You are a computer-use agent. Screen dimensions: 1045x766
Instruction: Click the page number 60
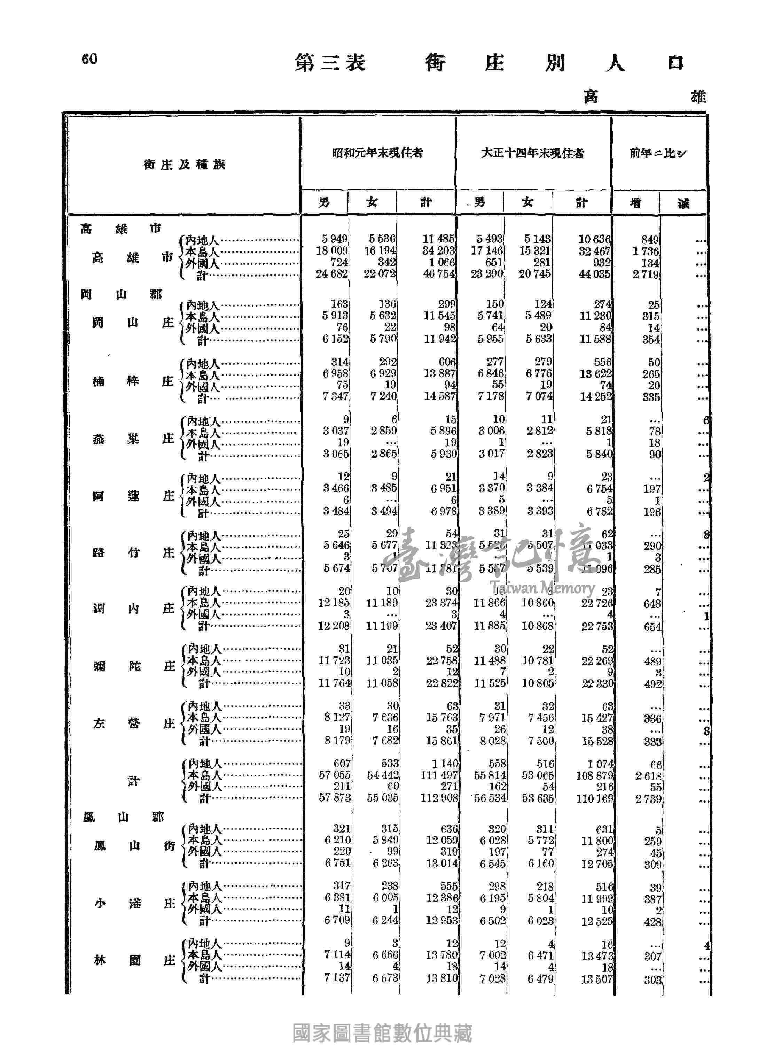[x=89, y=59]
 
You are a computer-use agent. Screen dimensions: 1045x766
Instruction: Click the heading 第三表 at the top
[x=330, y=63]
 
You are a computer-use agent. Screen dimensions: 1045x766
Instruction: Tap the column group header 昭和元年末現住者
[x=377, y=153]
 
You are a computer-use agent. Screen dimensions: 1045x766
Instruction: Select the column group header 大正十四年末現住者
[x=532, y=153]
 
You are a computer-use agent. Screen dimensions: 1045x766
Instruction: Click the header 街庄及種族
[x=184, y=165]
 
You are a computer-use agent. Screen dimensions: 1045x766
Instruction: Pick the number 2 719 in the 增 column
[x=646, y=274]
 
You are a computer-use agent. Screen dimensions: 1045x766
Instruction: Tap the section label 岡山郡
[x=122, y=295]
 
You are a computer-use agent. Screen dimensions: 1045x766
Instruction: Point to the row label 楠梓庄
[x=133, y=382]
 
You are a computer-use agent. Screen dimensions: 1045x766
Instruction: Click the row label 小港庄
[x=134, y=903]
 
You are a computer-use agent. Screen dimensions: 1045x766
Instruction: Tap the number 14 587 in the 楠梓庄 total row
[x=439, y=396]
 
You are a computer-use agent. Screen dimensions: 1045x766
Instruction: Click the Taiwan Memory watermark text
[x=544, y=588]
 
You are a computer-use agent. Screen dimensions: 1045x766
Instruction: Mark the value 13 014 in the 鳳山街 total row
[x=442, y=863]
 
